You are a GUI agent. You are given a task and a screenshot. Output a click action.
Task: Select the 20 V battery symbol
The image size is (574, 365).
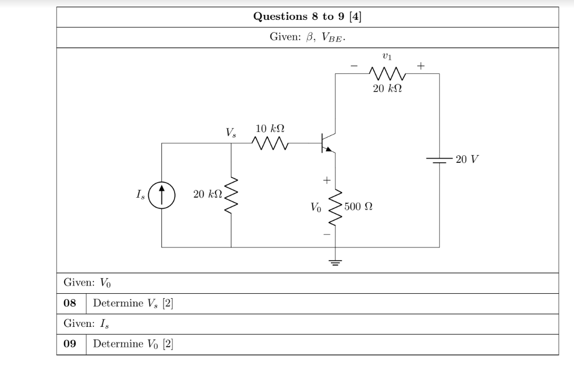(439, 160)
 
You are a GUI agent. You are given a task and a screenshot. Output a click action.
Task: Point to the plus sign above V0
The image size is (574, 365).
(327, 180)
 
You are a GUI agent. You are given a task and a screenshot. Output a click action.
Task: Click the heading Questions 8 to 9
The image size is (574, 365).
(307, 15)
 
